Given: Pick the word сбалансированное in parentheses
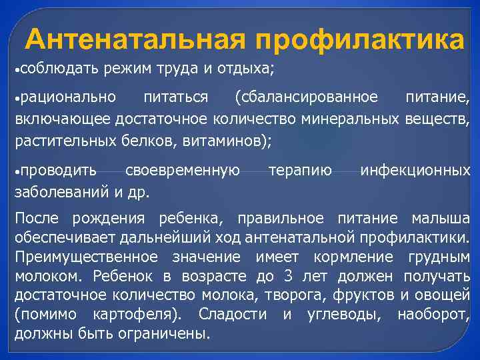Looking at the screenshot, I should [306, 98].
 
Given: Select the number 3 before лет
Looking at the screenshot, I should [288, 276].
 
